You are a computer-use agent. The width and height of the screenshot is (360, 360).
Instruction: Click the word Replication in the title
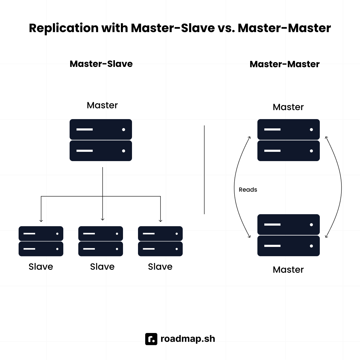[64, 28]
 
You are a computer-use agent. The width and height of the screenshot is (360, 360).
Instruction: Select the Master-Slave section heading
[101, 64]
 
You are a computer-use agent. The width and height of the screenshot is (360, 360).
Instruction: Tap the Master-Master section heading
[284, 64]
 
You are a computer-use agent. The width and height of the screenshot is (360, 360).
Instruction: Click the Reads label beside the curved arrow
[248, 190]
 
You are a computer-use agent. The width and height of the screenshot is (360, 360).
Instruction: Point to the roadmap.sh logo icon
[151, 339]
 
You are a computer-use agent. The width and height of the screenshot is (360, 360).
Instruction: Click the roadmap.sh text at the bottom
[188, 339]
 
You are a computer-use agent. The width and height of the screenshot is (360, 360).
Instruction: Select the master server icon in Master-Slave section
[101, 140]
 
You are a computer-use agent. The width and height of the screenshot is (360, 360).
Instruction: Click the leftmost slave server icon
[41, 241]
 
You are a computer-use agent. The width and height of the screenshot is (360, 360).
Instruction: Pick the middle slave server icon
[100, 241]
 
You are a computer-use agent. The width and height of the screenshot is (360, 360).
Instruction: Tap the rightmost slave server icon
[160, 241]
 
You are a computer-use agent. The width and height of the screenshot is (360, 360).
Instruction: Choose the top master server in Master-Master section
[289, 140]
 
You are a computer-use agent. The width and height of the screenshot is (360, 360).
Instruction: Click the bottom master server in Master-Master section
[289, 235]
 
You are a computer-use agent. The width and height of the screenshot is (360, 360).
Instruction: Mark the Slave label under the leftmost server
[41, 267]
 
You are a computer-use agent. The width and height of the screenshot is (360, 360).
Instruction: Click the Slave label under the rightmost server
[160, 267]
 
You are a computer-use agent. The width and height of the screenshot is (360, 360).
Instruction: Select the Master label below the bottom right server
[288, 270]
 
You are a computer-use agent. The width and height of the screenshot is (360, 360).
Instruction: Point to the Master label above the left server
[102, 105]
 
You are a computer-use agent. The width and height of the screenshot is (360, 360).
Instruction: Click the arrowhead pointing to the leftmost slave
[41, 221]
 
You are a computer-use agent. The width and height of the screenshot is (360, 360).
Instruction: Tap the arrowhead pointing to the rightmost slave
[160, 221]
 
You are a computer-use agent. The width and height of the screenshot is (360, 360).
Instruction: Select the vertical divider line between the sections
[204, 170]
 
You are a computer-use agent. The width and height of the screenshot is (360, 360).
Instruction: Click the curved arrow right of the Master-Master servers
[341, 187]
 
